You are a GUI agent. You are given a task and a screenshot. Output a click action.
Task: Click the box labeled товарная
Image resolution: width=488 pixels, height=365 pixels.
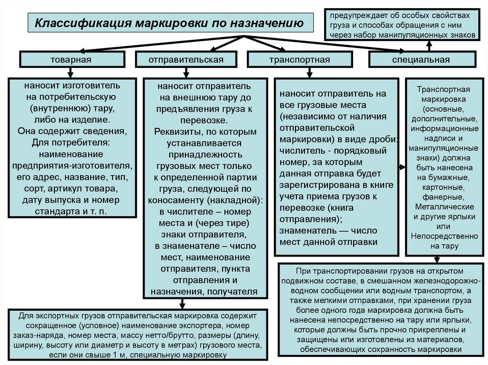[x=71, y=59]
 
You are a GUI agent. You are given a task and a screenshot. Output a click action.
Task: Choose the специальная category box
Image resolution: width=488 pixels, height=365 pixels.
[x=421, y=59]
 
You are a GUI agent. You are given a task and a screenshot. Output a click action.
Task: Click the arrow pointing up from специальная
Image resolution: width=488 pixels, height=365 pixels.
[x=429, y=45]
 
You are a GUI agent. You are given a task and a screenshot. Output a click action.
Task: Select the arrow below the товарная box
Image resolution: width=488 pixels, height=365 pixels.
[x=71, y=72]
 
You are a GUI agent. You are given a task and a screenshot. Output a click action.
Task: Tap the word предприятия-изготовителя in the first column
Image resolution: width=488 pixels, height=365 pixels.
[x=71, y=166]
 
